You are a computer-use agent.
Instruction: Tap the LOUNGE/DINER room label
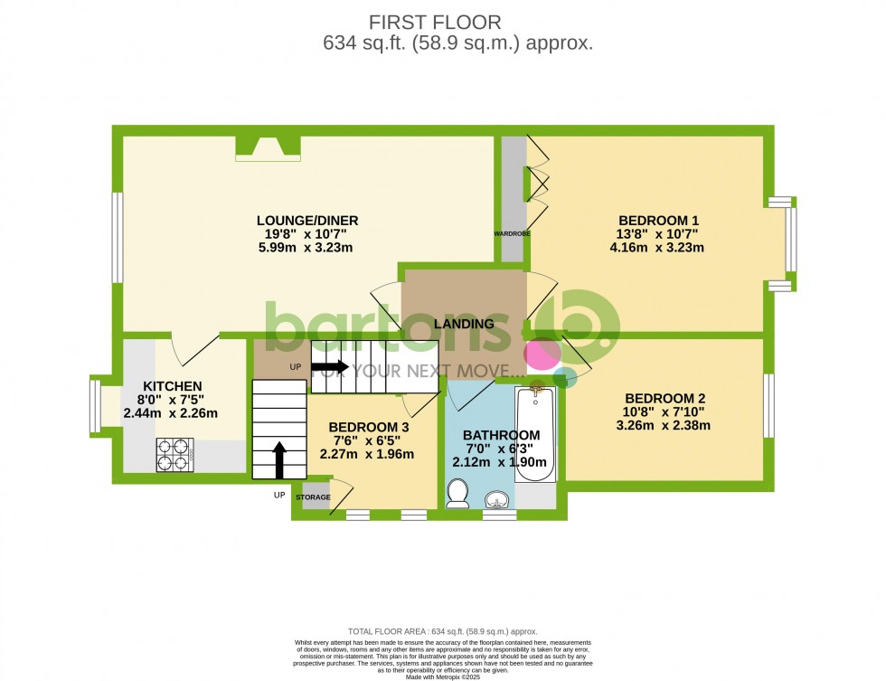pyautogui.click(x=307, y=220)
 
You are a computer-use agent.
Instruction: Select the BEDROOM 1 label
pyautogui.click(x=658, y=220)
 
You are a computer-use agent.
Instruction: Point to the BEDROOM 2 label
pyautogui.click(x=664, y=398)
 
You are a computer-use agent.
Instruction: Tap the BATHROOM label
pyautogui.click(x=501, y=435)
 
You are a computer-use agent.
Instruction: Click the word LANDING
pyautogui.click(x=464, y=324)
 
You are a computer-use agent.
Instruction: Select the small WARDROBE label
pyautogui.click(x=512, y=233)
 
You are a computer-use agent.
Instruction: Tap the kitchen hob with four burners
pyautogui.click(x=175, y=454)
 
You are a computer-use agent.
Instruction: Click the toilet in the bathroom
pyautogui.click(x=457, y=494)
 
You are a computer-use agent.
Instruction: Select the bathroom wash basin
pyautogui.click(x=496, y=499)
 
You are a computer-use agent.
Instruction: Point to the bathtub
pyautogui.click(x=535, y=434)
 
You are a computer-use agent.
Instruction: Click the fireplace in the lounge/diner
pyautogui.click(x=267, y=148)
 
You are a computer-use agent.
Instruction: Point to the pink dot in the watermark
pyautogui.click(x=543, y=354)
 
